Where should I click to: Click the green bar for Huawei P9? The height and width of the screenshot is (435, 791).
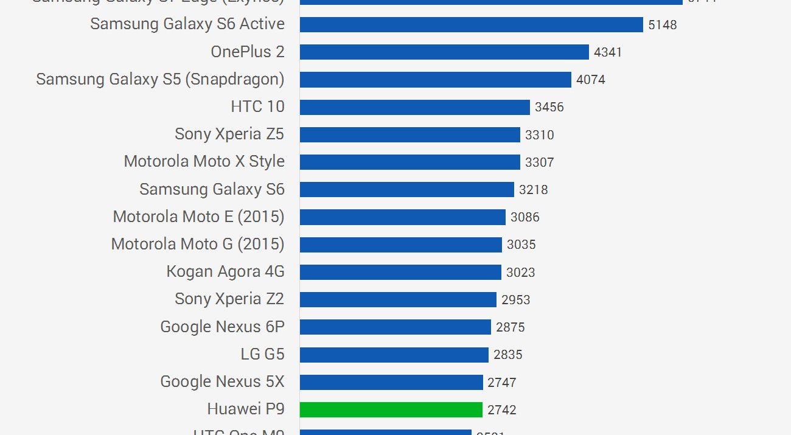pos(391,409)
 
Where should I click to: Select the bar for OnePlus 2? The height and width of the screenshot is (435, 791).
pos(444,52)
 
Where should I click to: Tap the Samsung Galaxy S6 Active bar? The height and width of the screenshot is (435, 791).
pos(472,24)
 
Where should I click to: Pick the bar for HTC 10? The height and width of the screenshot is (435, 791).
pos(415,107)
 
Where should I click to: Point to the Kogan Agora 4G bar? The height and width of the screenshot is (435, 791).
pos(400,272)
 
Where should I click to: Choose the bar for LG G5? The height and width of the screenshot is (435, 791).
pos(394,355)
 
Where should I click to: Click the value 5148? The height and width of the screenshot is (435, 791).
pos(663,25)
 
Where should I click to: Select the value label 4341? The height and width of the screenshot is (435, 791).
pos(608,52)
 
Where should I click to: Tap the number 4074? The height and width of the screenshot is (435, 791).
pos(591,80)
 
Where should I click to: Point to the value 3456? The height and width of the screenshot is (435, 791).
pos(549,108)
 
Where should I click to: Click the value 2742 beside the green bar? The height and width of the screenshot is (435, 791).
pos(502,410)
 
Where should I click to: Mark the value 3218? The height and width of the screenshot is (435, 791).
pos(534,190)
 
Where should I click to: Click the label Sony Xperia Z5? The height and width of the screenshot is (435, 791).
pos(229,134)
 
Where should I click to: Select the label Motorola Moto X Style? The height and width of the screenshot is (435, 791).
pos(204,161)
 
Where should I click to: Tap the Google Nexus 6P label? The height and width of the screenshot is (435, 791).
pos(222,327)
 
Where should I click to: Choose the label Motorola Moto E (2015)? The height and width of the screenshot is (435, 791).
pos(198,217)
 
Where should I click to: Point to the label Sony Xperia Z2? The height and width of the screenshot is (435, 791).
pos(229,299)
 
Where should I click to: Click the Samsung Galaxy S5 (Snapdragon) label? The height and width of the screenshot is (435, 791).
pos(160,79)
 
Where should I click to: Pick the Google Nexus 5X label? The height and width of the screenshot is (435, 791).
pos(222,382)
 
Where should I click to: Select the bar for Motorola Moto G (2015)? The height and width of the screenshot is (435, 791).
pos(401,245)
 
